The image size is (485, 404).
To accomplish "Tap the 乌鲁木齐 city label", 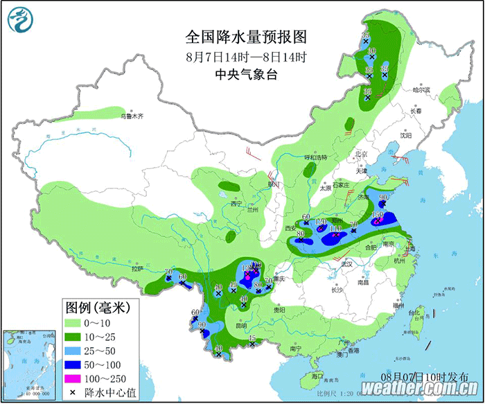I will click(x=132, y=116).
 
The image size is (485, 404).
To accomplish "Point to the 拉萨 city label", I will click(x=136, y=267).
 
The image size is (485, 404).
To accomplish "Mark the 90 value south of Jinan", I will click(x=382, y=198).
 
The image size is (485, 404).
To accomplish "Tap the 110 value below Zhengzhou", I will click(x=336, y=229).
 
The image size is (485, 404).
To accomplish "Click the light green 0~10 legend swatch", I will click(x=78, y=322).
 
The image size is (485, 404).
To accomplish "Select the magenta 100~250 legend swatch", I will click(x=78, y=378).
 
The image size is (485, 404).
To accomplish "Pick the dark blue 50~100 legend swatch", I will click(x=78, y=364).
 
